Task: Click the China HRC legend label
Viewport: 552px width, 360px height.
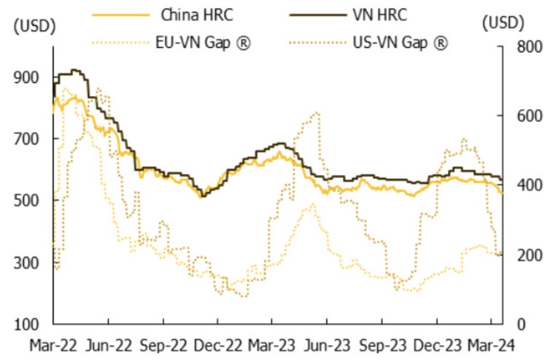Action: [x=197, y=15]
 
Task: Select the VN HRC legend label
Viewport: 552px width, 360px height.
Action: [x=379, y=15]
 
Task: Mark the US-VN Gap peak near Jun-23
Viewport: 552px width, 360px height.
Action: [x=316, y=113]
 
